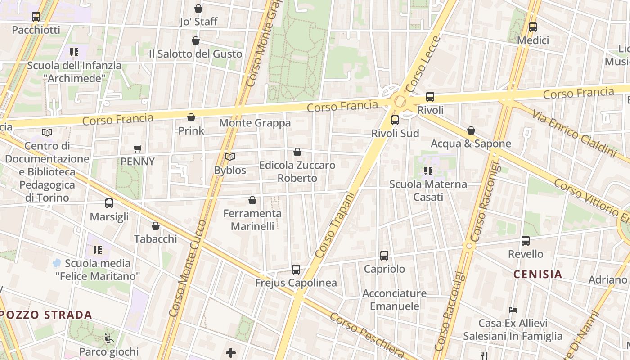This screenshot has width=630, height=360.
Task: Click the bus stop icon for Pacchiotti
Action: click(x=36, y=17)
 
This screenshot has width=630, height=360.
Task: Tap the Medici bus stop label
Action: click(x=533, y=40)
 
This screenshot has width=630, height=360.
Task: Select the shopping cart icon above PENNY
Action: click(x=138, y=148)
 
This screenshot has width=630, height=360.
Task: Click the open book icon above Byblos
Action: click(x=230, y=157)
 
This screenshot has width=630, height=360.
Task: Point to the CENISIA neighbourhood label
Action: click(x=538, y=274)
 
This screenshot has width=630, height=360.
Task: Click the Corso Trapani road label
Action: click(x=335, y=225)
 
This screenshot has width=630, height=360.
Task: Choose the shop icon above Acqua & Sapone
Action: click(x=471, y=130)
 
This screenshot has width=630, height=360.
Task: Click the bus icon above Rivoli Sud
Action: click(x=395, y=120)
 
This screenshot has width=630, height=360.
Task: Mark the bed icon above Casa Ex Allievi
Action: click(x=513, y=310)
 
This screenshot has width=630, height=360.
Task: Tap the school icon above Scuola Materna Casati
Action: click(x=428, y=171)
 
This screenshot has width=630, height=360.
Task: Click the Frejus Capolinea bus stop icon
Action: click(x=296, y=270)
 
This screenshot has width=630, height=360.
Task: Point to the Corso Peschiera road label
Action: click(x=367, y=335)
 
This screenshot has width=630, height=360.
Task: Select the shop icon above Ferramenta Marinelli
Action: click(x=252, y=200)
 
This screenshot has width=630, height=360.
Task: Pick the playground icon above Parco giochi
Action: click(x=108, y=338)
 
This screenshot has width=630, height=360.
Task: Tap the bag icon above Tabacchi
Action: click(x=156, y=226)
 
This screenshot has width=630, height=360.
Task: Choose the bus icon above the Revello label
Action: click(x=526, y=241)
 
